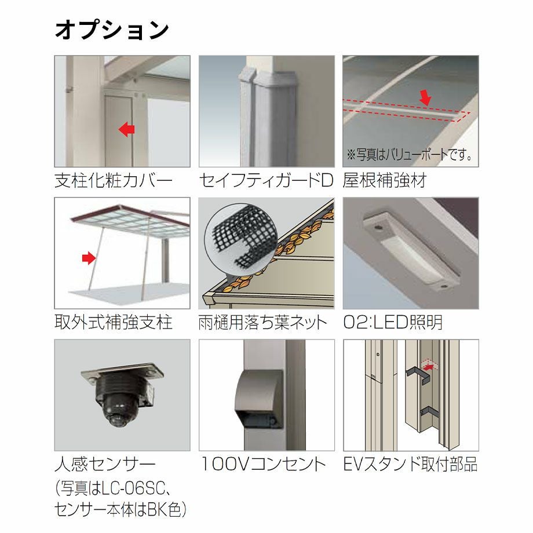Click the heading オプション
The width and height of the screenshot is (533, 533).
click(111, 30)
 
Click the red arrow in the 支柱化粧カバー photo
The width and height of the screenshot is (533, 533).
click(126, 130)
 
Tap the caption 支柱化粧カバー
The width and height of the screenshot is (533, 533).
click(113, 180)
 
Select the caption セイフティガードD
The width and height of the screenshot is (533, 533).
click(266, 180)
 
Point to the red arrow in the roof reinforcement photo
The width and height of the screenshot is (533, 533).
click(425, 97)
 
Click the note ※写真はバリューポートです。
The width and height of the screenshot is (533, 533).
click(409, 155)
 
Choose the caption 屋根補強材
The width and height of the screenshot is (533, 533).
click(385, 180)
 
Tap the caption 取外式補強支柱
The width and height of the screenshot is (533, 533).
click(113, 322)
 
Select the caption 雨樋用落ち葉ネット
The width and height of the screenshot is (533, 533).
click(262, 322)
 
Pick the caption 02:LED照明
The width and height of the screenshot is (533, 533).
click(393, 322)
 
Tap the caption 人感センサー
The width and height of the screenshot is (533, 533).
click(105, 464)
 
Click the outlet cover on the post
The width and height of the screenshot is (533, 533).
click(259, 399)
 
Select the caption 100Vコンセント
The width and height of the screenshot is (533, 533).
click(263, 464)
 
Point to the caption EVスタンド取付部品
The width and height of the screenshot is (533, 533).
click(411, 464)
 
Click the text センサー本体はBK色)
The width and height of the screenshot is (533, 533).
click(121, 510)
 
